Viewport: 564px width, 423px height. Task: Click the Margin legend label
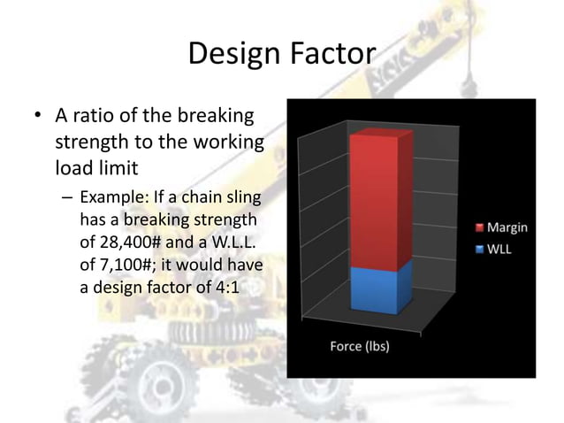[507, 227]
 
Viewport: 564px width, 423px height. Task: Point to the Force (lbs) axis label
[360, 345]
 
